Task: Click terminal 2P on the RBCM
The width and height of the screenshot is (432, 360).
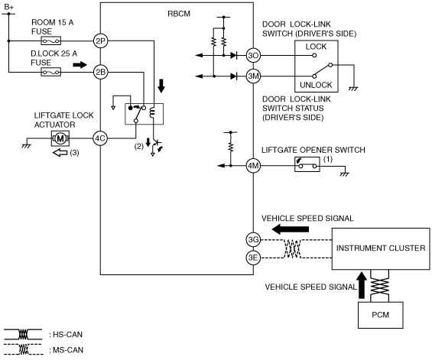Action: [x=100, y=41]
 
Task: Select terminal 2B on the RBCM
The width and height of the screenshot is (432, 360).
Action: [x=100, y=72]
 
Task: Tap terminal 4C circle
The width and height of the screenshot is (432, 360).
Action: [x=100, y=138]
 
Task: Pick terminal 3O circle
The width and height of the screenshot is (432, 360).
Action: [x=253, y=55]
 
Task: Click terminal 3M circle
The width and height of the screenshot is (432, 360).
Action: [x=253, y=76]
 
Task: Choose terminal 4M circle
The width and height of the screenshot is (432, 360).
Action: [x=253, y=166]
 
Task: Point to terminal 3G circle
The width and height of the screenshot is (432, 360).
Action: [x=253, y=240]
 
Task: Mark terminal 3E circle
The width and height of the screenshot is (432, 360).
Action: [x=253, y=258]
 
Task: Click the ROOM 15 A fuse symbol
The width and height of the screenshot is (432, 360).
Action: [x=51, y=41]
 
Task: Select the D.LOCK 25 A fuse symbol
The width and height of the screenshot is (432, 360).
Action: [x=51, y=72]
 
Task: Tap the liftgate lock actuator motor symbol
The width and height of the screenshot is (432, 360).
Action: [x=60, y=138]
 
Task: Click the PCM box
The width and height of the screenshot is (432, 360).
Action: [x=381, y=315]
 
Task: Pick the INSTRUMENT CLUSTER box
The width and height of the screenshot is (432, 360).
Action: [x=381, y=248]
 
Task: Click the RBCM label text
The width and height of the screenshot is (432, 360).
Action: [x=179, y=14]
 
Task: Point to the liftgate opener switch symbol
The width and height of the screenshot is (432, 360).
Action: [x=307, y=164]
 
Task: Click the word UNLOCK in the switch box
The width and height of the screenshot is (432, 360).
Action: [x=316, y=85]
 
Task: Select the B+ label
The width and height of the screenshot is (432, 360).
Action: [x=9, y=8]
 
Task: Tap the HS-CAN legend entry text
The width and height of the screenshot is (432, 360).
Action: [x=66, y=334]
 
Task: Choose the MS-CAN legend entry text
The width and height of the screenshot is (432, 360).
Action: [x=66, y=350]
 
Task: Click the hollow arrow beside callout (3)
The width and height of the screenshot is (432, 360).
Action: [x=60, y=152]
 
